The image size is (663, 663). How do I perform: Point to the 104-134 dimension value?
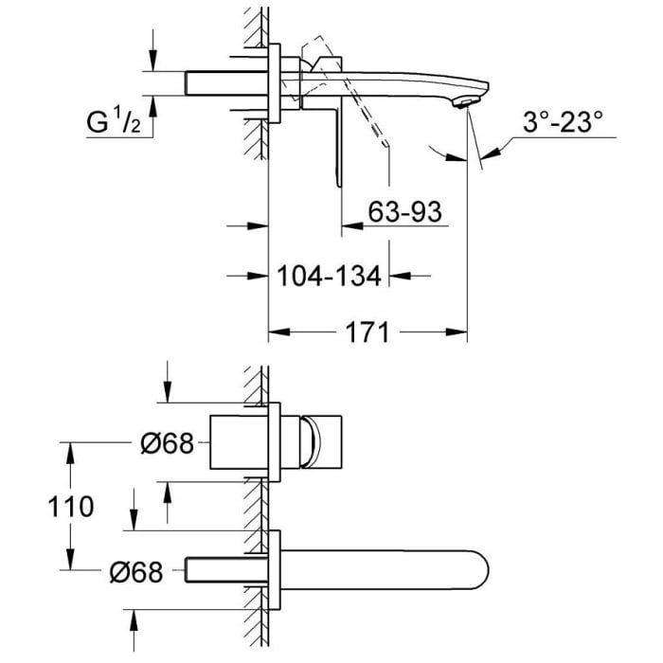coord(330,276)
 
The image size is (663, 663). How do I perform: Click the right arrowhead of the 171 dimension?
coord(460,332)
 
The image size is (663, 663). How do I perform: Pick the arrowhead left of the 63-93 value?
coord(349,226)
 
